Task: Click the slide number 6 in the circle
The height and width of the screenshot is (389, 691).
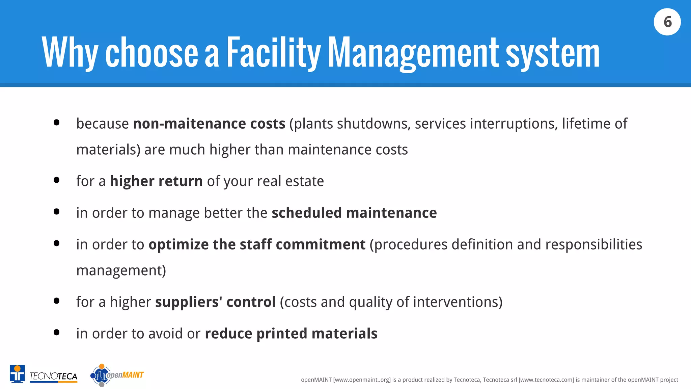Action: (667, 22)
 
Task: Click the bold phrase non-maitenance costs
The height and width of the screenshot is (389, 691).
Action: (209, 124)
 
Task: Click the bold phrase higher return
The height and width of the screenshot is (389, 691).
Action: (156, 181)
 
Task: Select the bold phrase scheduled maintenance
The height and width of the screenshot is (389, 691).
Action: (354, 213)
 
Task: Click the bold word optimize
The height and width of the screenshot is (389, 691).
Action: (178, 244)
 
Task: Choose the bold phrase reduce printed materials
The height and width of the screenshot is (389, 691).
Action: (291, 334)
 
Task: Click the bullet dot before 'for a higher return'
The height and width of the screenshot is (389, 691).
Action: (57, 180)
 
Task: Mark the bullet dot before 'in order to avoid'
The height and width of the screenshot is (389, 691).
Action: (57, 333)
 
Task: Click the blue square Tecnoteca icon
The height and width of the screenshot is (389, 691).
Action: (17, 373)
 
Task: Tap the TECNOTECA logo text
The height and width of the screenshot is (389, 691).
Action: (53, 376)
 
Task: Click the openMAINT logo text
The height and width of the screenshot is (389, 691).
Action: (125, 375)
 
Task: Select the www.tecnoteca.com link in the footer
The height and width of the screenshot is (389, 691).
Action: (546, 380)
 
